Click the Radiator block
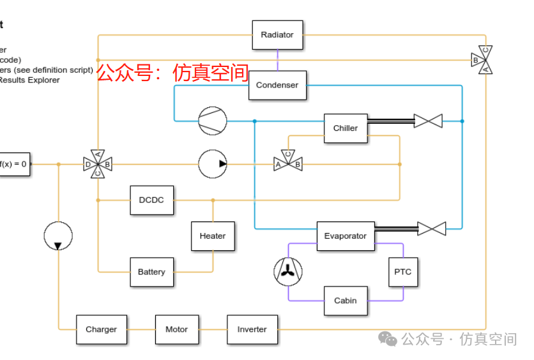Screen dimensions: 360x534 coord(277,35)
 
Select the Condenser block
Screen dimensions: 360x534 coord(277,85)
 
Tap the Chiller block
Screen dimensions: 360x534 coord(346,128)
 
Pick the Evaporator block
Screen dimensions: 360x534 coord(345,236)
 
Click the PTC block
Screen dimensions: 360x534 coord(403,272)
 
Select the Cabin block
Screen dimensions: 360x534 coord(346,301)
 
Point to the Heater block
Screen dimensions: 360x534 coord(213,236)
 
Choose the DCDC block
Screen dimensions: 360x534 coord(151,200)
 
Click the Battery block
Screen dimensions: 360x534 coord(151,272)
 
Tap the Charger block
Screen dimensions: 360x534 coord(101,329)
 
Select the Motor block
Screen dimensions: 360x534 coord(177,329)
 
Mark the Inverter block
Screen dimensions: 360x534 coord(252,329)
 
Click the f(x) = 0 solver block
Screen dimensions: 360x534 coord(13,164)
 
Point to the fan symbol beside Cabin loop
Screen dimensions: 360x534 coord(288,271)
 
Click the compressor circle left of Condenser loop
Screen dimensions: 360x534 coord(213,121)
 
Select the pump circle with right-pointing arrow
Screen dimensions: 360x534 coord(213,164)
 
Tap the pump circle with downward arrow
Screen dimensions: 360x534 coord(58,236)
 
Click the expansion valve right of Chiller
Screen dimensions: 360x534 coord(428,121)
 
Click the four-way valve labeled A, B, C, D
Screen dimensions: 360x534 coord(98,164)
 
